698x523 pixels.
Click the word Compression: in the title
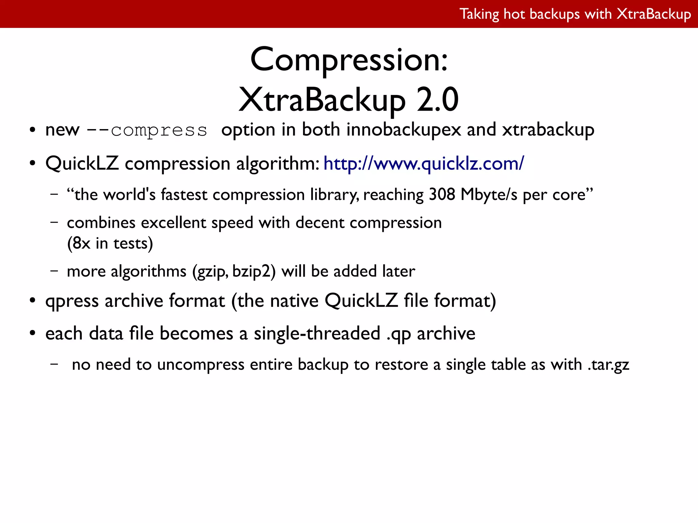(349, 60)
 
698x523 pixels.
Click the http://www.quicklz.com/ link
(424, 164)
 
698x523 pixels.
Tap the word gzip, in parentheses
(211, 272)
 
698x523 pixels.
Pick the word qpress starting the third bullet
(72, 301)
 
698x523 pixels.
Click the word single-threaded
(317, 334)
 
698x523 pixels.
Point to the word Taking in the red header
(479, 14)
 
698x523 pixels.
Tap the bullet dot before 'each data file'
(32, 333)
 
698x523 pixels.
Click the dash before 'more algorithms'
(54, 271)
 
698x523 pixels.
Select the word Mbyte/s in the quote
(489, 195)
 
